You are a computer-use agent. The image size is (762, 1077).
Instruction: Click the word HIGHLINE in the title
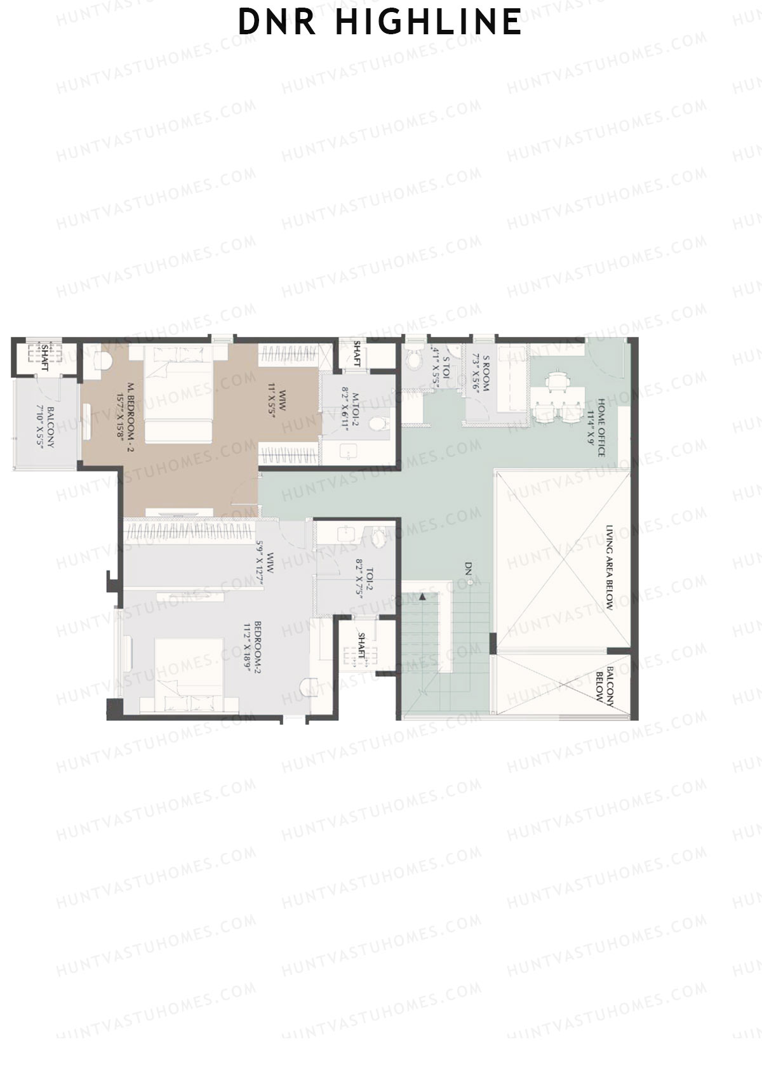428,22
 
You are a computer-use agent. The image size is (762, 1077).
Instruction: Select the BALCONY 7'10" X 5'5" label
46,426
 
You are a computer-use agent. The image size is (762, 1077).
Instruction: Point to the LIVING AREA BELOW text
609,567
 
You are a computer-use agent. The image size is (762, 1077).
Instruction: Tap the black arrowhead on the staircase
422,597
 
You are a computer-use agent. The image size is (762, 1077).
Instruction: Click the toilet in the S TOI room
413,359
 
